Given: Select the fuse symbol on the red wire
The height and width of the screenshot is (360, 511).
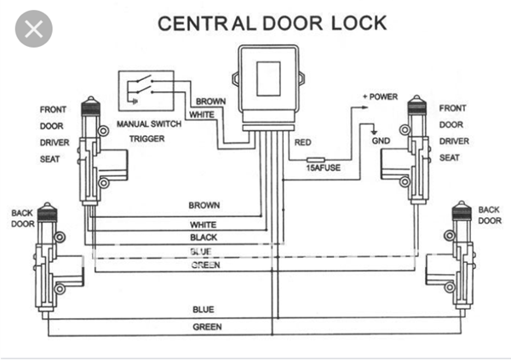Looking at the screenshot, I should [x=320, y=158].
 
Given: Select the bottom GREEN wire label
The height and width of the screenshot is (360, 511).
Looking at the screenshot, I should [x=207, y=327].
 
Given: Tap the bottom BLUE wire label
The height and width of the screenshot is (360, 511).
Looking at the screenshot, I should [x=205, y=311].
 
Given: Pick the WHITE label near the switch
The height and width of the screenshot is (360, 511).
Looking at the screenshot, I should [x=202, y=114].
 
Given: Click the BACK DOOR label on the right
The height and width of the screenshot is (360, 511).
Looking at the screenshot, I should [x=490, y=214].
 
